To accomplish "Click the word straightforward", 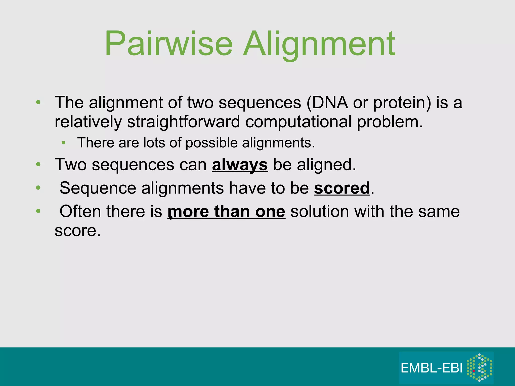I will coord(184,122).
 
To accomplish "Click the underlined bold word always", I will coord(240,165).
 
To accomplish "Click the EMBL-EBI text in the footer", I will coord(432,368).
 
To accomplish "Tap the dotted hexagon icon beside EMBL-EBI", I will coord(479,367).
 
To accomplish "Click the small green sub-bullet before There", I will coord(64,143).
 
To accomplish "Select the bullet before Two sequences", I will coord(38,165).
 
